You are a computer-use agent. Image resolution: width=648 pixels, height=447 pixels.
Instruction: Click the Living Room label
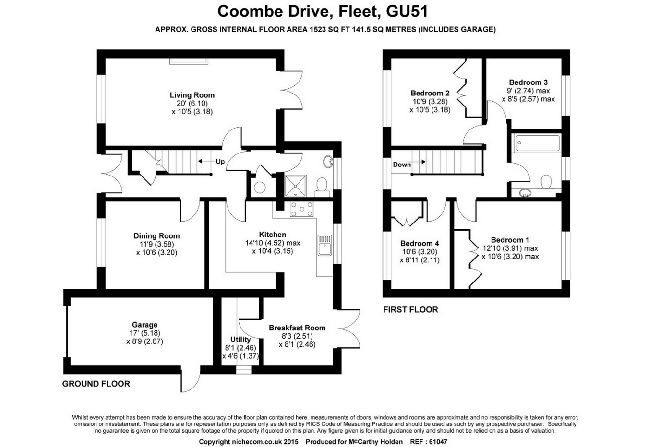coord(192,95)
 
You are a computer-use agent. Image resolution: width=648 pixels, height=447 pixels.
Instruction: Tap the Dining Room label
coord(156,235)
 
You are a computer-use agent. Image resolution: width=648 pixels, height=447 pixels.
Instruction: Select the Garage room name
coord(144,325)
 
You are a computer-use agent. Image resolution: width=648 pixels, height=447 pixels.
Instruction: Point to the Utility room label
coord(240,339)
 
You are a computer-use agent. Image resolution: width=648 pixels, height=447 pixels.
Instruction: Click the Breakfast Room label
coord(297,328)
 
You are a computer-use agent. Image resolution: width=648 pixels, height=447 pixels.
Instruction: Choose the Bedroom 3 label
coord(528,82)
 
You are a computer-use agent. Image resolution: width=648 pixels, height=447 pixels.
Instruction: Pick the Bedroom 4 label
coord(420,243)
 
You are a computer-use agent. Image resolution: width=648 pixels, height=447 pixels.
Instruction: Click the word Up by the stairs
coord(220,162)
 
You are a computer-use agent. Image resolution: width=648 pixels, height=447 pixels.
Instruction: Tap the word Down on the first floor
coord(402,165)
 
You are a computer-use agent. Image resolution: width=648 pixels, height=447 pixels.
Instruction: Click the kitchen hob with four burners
coord(301,209)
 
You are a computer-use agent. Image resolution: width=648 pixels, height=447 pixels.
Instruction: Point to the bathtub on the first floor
coord(537,143)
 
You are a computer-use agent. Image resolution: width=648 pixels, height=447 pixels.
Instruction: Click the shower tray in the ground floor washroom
coord(295,186)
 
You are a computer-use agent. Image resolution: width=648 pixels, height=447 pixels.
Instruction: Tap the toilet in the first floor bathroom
coord(546,181)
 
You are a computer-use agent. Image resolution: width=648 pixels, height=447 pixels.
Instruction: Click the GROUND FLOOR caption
coord(96,384)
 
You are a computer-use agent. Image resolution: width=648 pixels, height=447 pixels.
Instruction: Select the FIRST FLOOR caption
coord(410,310)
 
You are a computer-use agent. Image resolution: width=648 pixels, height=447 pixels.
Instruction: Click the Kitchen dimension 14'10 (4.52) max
coord(273,243)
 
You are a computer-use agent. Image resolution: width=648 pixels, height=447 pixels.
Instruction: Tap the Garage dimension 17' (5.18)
coord(144,333)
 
